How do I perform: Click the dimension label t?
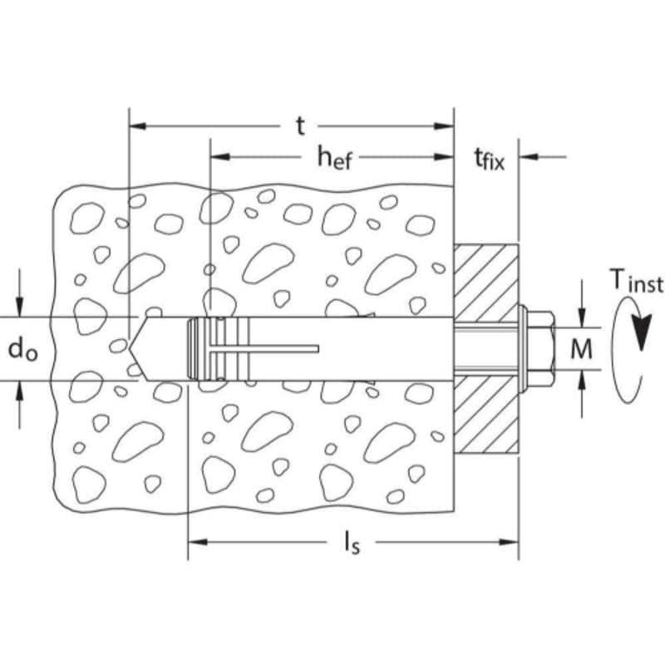pos(300,126)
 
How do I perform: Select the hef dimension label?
pos(335,157)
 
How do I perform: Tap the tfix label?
pos(489,159)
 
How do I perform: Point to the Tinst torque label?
pos(637,281)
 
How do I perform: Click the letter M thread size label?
pos(581,349)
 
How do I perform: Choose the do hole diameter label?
pos(22,349)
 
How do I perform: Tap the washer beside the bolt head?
pos(523,348)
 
